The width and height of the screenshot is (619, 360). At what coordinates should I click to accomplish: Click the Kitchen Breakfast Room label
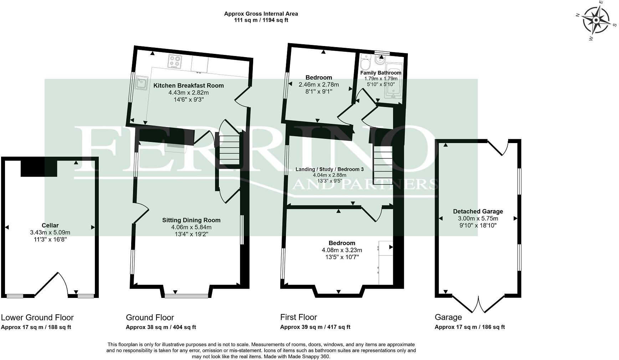(x=189, y=86)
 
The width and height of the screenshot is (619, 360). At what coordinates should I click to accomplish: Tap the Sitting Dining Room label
(x=191, y=220)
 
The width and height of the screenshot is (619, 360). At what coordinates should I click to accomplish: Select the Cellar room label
(x=50, y=225)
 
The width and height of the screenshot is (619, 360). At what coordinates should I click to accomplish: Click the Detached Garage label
(x=478, y=212)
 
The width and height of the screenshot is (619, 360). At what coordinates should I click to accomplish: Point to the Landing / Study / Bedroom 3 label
(x=329, y=169)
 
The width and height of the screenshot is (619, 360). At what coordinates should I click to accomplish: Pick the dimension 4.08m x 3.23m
(x=342, y=250)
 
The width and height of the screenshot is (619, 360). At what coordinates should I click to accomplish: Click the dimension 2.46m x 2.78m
(x=318, y=85)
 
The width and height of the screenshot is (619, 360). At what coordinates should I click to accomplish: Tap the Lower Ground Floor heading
(x=37, y=318)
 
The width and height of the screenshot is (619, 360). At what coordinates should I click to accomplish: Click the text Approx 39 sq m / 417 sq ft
(x=315, y=327)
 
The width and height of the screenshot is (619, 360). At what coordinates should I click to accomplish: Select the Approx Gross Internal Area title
(x=261, y=14)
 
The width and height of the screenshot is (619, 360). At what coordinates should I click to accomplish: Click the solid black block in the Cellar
(x=39, y=168)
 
